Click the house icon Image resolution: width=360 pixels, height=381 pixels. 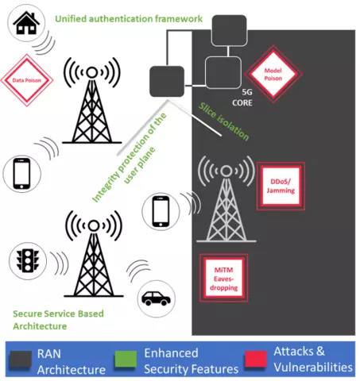tap(26, 23)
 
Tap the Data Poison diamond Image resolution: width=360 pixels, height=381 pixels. tap(27, 80)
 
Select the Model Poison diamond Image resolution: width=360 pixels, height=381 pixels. tap(273, 74)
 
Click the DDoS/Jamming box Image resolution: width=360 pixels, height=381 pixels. tap(281, 186)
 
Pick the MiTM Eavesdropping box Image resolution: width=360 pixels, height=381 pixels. tap(224, 279)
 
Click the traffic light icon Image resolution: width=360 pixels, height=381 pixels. tap(28, 260)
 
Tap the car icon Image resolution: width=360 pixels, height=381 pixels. tap(156, 298)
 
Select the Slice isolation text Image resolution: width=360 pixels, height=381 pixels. tap(224, 121)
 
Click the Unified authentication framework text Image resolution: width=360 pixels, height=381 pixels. tap(129, 19)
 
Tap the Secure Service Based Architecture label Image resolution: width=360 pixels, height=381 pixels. tap(58, 320)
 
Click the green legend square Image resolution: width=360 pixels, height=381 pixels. tap(126, 360)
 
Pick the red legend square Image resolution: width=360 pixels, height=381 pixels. tap(256, 360)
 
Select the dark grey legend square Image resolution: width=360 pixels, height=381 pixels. tap(21, 360)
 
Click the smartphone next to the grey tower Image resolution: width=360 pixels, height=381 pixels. tap(161, 211)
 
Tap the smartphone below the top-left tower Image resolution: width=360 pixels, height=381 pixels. tap(21, 174)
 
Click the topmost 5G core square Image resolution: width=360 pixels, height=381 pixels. tap(230, 31)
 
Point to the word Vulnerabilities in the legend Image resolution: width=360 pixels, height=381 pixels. tap(313, 368)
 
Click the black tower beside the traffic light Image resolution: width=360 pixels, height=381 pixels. tap(94, 254)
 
